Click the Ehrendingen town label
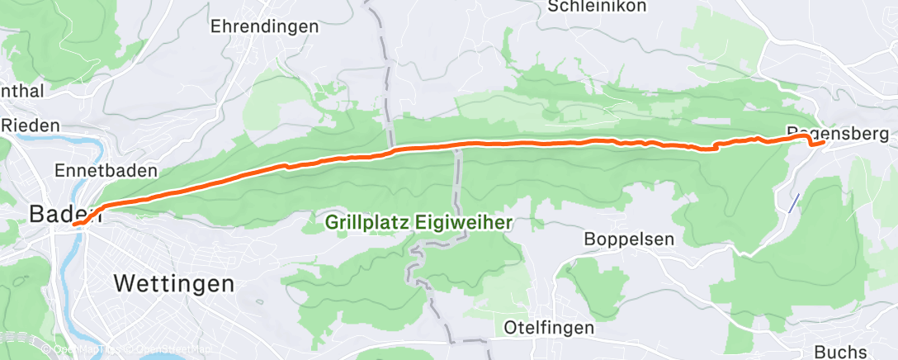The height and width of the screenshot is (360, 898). (x=264, y=26)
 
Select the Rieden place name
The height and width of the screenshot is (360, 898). (x=31, y=126)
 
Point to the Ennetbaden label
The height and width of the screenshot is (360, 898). (x=105, y=171)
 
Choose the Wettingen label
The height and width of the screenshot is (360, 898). (x=173, y=284)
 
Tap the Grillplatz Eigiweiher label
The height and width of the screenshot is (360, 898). (x=419, y=222)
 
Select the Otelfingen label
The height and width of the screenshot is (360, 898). (x=549, y=328)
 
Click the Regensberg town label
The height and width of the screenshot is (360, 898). (x=838, y=133)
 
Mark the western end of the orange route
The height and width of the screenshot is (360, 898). (x=73, y=224)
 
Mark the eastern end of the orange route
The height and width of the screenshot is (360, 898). (x=825, y=143)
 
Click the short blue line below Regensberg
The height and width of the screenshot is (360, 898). (x=794, y=202)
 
